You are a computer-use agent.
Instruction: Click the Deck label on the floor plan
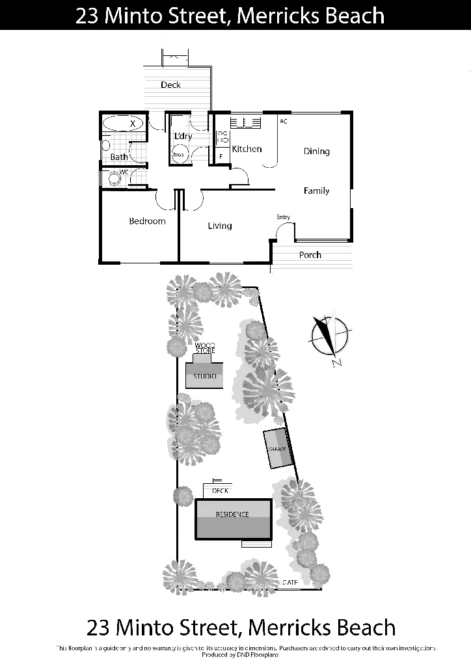click(x=172, y=85)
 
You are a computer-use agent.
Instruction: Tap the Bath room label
click(x=118, y=157)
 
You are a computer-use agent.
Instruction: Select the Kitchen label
click(x=247, y=150)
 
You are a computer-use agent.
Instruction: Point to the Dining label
click(x=317, y=152)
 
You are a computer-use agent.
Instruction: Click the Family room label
click(x=317, y=192)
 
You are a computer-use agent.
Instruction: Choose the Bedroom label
click(x=147, y=221)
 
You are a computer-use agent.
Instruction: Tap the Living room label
click(x=222, y=226)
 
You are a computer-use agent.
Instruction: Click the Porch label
click(x=310, y=256)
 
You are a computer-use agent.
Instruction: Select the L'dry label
click(x=183, y=137)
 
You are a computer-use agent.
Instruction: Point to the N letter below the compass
click(x=335, y=363)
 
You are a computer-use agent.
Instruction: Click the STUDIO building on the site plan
click(x=205, y=377)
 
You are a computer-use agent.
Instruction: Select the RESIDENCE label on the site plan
click(x=232, y=514)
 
